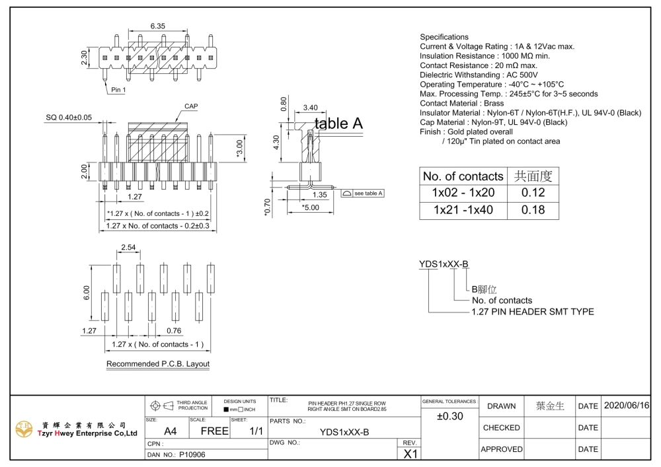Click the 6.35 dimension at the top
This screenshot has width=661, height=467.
[158, 26]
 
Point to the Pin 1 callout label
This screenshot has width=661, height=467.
[118, 90]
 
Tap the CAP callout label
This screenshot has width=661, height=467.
[191, 106]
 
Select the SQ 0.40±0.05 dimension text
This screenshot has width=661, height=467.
[69, 118]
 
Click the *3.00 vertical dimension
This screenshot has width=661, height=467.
[240, 149]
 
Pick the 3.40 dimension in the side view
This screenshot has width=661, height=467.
[310, 108]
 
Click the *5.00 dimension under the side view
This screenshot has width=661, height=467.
[310, 207]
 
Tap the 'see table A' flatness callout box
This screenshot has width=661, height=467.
[362, 194]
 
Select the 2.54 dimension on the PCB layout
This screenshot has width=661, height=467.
[128, 247]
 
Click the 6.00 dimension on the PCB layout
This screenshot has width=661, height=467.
[87, 293]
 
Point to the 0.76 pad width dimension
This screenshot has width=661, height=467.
[174, 330]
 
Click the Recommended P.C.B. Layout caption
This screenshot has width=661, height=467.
[158, 364]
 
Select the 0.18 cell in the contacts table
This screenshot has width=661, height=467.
[533, 209]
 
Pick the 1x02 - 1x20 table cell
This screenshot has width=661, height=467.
[463, 192]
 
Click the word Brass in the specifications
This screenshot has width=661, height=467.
[494, 103]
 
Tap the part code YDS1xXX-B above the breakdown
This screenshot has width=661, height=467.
[444, 264]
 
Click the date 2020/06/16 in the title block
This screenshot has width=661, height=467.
[627, 406]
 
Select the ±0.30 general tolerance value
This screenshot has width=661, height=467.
[449, 416]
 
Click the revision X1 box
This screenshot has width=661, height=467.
[410, 454]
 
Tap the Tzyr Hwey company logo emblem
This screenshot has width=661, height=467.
[24, 429]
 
